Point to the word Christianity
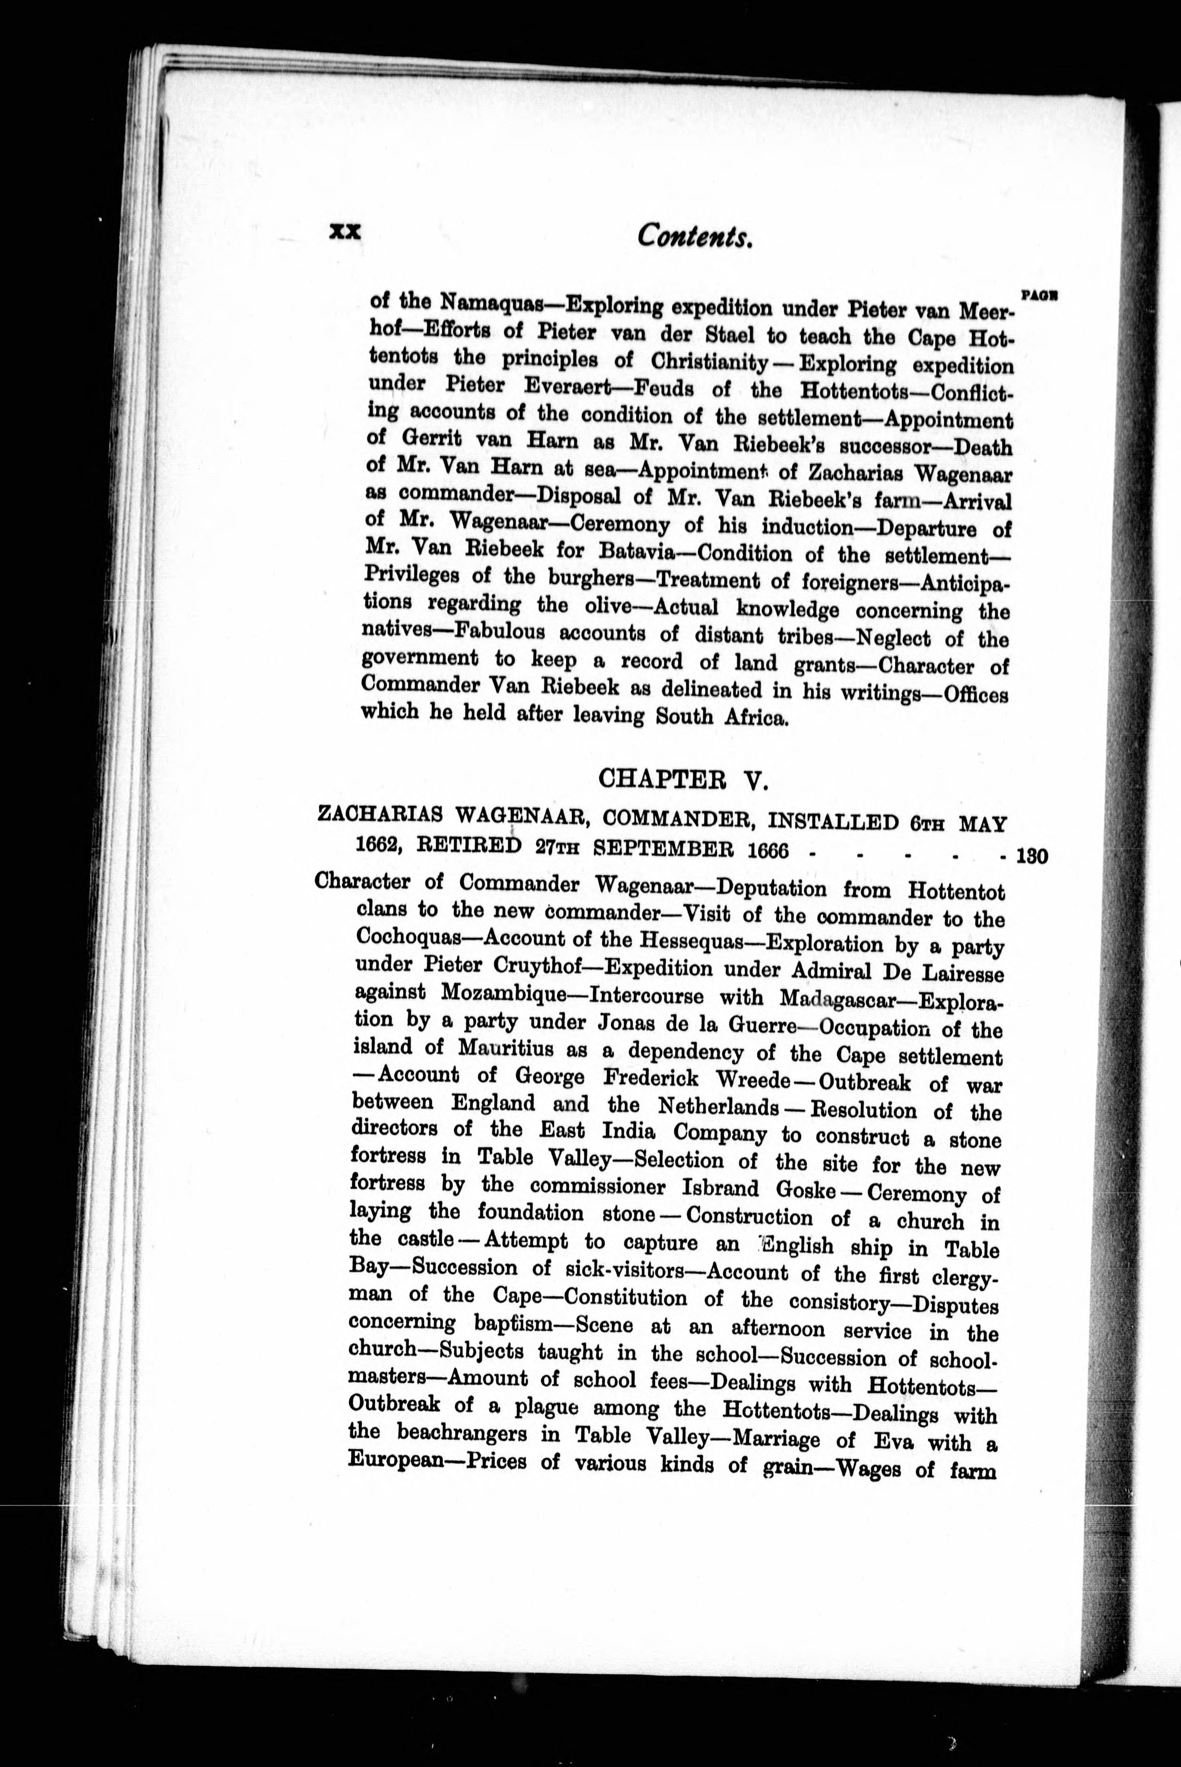[709, 361]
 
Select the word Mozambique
[502, 994]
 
